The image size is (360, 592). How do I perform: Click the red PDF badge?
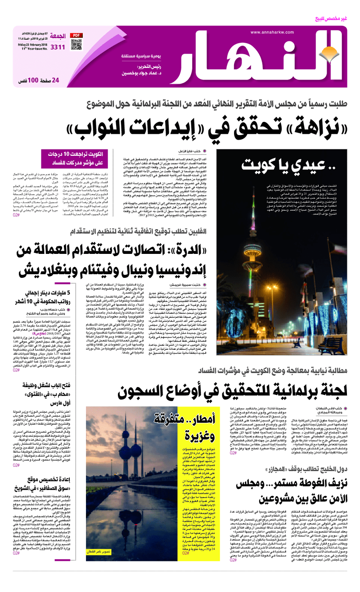(x=77, y=35)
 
